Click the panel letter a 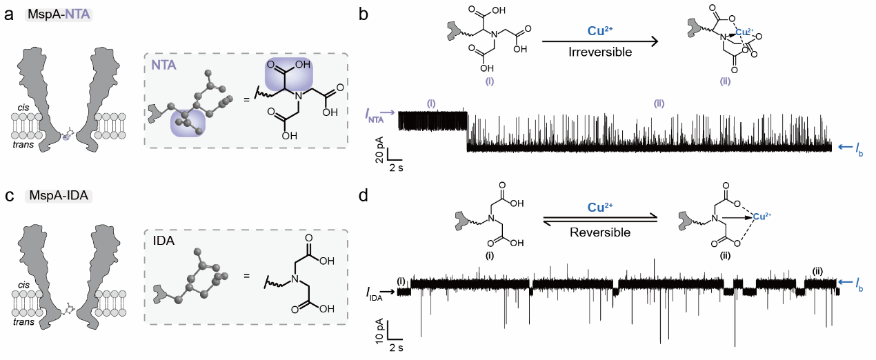click(9, 15)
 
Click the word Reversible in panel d click(599, 232)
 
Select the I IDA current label click(376, 294)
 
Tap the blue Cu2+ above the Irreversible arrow click(599, 32)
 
